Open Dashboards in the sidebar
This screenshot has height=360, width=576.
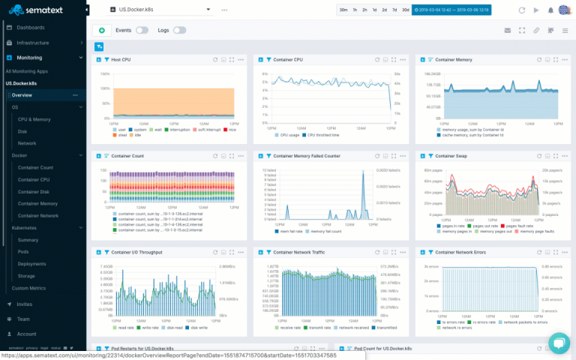point(31,28)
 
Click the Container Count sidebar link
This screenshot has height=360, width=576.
point(35,167)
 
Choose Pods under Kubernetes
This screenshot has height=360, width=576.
point(23,251)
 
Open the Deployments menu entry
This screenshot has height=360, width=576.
point(32,263)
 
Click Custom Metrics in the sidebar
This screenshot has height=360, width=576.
point(28,288)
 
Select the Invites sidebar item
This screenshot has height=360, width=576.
point(25,304)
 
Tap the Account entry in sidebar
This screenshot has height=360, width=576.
point(26,334)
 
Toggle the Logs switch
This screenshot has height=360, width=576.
point(180,30)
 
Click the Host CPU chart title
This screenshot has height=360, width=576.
point(121,59)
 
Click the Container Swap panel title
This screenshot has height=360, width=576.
point(451,156)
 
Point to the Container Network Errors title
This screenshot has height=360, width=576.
point(460,253)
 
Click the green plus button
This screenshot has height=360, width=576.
point(101,30)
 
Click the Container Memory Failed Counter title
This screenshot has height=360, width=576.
point(307,156)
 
